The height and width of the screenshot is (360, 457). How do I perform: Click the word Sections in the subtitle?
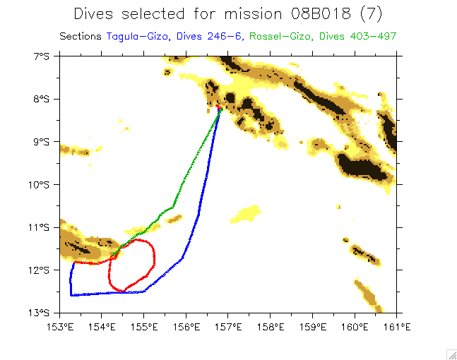81,36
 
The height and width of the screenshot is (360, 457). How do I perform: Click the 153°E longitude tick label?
60,326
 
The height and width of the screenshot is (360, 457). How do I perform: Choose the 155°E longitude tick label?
144,326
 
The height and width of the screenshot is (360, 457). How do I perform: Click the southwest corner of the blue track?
71,294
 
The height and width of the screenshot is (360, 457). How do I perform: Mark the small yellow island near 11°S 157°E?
247,212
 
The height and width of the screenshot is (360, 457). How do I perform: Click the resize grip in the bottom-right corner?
451,354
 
